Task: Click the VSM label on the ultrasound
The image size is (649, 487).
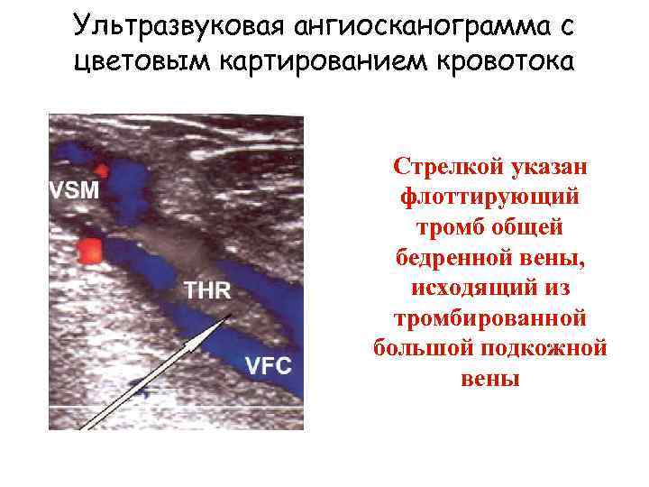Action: pos(76,191)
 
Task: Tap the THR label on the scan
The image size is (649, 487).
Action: pos(207,290)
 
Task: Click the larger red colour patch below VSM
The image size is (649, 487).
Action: pos(90,250)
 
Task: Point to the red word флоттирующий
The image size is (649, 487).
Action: pos(490,198)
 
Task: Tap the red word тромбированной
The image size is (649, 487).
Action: pos(490,320)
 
